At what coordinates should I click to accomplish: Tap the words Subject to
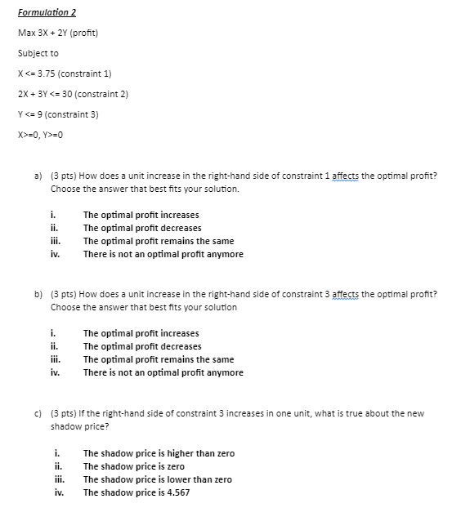click(38, 53)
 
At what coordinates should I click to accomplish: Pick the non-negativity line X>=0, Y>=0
click(41, 134)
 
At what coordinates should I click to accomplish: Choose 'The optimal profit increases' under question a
click(141, 215)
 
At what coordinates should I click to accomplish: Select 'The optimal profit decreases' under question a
click(142, 228)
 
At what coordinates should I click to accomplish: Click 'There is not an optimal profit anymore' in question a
click(163, 254)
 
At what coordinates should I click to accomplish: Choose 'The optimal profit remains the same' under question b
click(159, 359)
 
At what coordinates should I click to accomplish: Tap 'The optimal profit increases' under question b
click(141, 333)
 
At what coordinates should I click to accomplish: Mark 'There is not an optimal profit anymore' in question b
click(163, 372)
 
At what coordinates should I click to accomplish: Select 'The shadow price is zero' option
click(134, 466)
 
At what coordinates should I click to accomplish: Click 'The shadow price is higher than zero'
click(159, 453)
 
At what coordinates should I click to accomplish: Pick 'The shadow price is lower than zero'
click(157, 479)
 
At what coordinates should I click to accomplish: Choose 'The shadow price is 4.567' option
click(137, 492)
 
